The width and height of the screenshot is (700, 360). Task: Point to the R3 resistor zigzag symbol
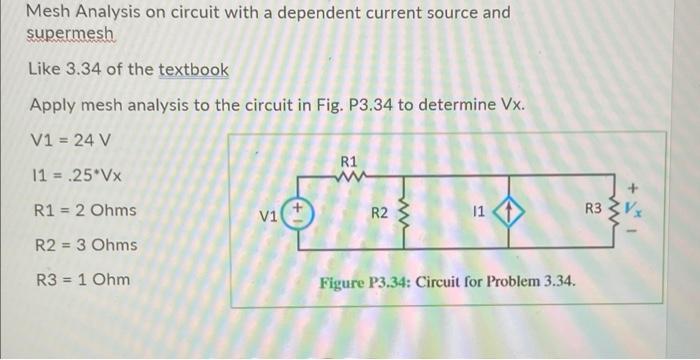click(x=614, y=212)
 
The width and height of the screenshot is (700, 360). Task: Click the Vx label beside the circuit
click(x=633, y=213)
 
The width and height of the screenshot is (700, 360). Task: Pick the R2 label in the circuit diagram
click(x=379, y=213)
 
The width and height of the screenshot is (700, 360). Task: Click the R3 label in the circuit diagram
click(x=593, y=211)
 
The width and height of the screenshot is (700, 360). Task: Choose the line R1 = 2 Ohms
click(x=83, y=211)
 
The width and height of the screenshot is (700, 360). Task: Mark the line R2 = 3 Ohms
click(x=83, y=245)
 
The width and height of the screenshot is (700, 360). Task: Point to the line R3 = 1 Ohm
click(x=79, y=279)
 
